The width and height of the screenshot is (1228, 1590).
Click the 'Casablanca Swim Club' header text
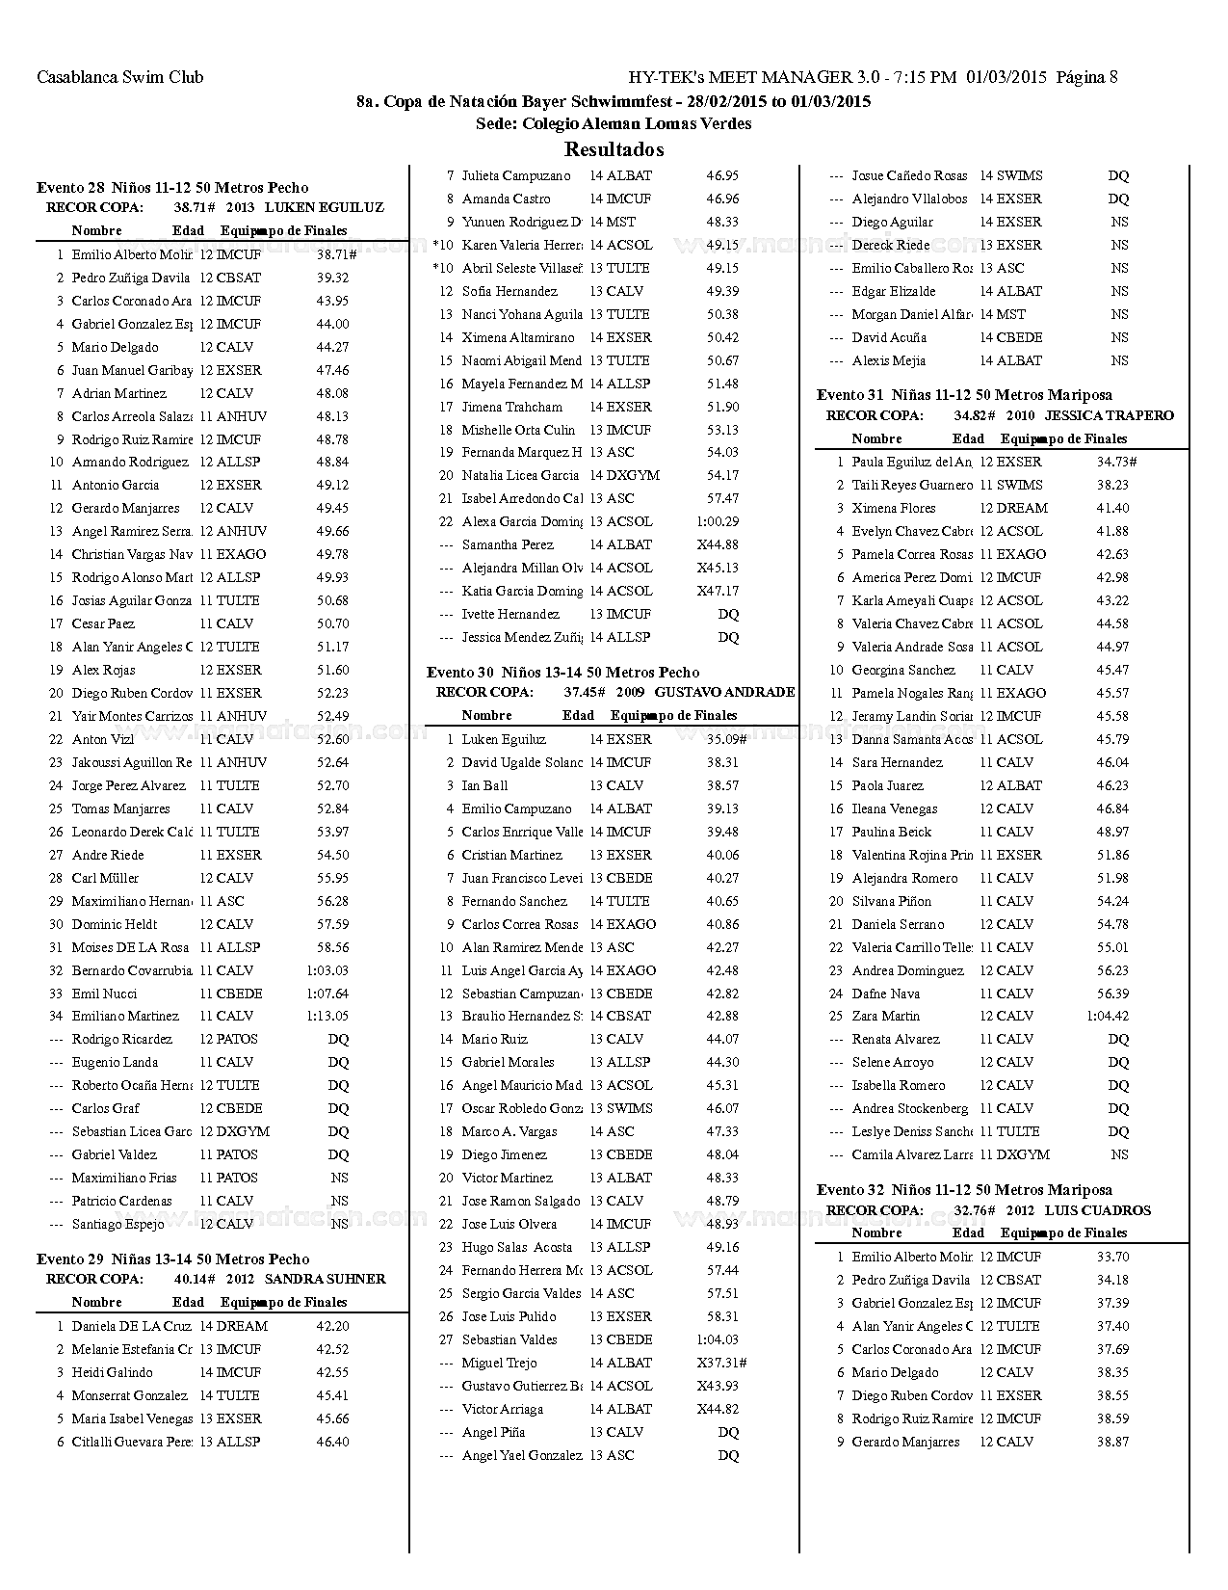(x=119, y=77)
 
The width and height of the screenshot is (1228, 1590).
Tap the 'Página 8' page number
(x=1086, y=77)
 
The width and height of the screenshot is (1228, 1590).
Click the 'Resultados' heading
(x=614, y=149)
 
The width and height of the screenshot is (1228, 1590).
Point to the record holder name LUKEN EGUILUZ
(x=324, y=207)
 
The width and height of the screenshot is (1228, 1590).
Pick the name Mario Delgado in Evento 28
(x=115, y=347)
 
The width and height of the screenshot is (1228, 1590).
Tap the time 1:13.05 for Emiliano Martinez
(x=327, y=1016)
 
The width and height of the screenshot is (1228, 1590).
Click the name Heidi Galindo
(x=112, y=1372)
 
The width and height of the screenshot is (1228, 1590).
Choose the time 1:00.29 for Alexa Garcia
(x=718, y=521)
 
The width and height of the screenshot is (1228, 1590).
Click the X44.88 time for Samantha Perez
(x=718, y=544)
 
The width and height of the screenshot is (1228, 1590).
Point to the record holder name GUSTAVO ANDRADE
(x=724, y=692)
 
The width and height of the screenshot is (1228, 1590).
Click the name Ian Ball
(x=484, y=785)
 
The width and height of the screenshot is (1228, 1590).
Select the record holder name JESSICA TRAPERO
(x=1109, y=415)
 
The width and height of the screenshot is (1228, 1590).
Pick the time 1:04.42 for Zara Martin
(x=1107, y=1016)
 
